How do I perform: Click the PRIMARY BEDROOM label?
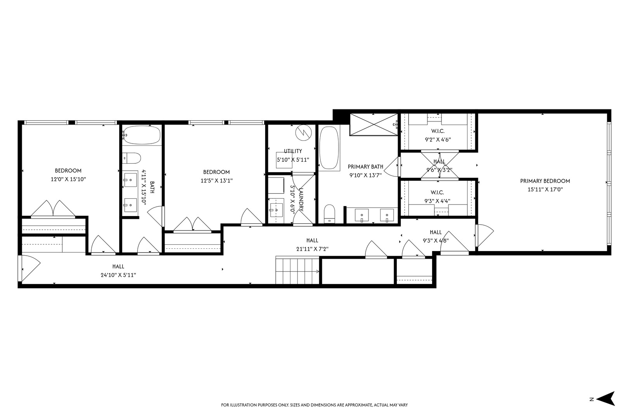(x=545, y=181)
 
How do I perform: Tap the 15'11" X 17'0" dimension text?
(x=545, y=189)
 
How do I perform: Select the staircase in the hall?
(x=297, y=270)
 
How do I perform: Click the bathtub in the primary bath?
(x=329, y=148)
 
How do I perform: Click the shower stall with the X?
(x=374, y=124)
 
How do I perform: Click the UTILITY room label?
(x=293, y=151)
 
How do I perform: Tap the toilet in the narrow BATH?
(x=132, y=158)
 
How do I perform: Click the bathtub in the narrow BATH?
(x=141, y=135)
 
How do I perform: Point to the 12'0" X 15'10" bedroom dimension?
(x=68, y=179)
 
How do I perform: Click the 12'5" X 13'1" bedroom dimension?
(x=216, y=180)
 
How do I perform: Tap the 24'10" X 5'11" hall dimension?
(x=118, y=275)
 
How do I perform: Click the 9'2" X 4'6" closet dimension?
(x=438, y=140)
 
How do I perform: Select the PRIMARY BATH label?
(x=365, y=166)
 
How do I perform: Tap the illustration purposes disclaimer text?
(x=314, y=405)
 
